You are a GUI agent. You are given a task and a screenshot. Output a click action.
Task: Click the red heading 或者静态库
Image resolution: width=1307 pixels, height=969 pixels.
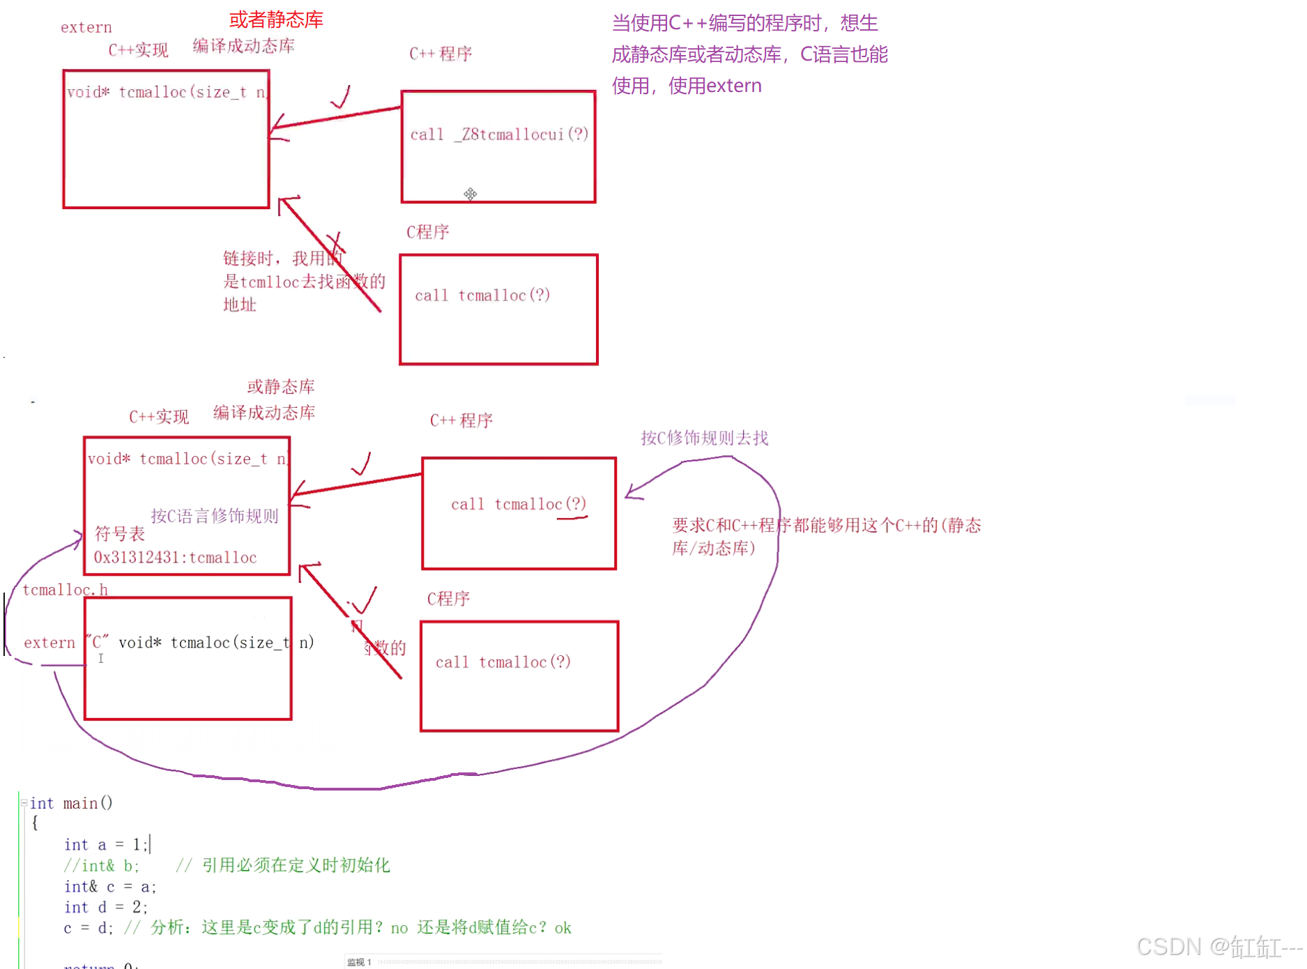(x=276, y=20)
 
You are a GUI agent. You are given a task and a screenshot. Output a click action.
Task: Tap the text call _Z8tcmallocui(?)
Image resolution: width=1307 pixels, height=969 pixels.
(x=499, y=134)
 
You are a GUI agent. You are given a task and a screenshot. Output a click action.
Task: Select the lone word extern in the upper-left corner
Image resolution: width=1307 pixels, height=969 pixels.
(x=86, y=27)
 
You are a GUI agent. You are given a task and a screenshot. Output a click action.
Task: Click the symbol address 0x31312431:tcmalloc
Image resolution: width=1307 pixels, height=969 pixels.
(x=175, y=557)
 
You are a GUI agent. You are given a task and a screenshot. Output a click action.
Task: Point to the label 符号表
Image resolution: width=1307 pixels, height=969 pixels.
(x=119, y=534)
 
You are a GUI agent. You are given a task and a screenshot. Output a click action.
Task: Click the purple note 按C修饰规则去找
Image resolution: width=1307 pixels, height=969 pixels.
(x=704, y=438)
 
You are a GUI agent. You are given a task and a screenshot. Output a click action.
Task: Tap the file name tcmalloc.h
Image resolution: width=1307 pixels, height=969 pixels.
(x=65, y=590)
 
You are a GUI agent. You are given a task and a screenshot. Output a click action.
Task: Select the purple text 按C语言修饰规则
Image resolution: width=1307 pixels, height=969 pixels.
(x=214, y=516)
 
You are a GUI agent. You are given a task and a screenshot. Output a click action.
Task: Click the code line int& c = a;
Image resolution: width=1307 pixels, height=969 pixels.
(x=110, y=887)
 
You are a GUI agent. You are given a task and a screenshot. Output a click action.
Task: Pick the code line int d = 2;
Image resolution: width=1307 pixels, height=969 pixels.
(x=105, y=907)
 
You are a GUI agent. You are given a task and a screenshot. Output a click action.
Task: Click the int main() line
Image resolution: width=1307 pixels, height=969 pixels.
(x=70, y=803)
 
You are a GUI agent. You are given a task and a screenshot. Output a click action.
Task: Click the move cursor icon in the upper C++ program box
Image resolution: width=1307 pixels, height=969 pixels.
(x=471, y=194)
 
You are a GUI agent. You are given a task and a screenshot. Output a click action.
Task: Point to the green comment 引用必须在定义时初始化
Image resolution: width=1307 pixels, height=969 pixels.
(x=296, y=865)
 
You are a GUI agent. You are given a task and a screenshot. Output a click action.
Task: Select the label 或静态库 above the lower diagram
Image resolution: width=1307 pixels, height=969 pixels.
(x=280, y=386)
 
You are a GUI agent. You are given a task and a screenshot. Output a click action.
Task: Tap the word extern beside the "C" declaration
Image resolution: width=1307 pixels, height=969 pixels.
(x=49, y=642)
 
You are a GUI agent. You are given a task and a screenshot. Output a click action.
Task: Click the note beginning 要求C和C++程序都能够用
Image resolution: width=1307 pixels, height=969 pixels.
(x=826, y=535)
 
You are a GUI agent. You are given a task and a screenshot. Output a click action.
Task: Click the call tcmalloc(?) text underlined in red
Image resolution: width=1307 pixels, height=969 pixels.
(x=518, y=504)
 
